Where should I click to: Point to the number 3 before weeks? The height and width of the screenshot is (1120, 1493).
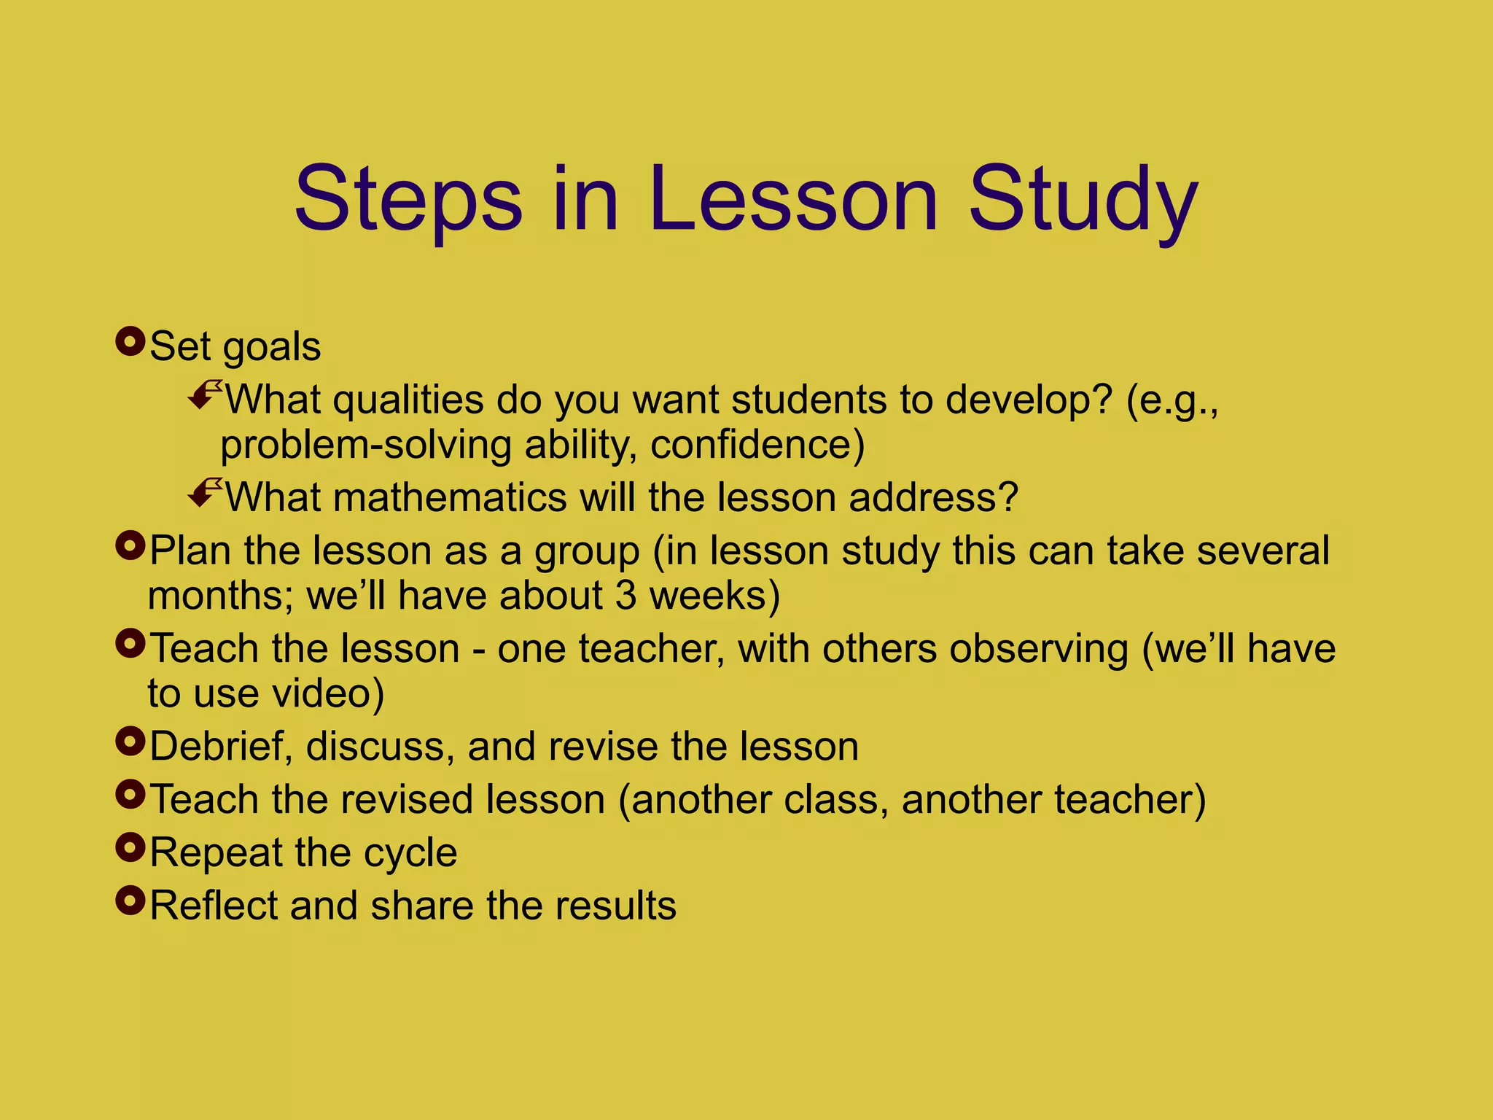[625, 596]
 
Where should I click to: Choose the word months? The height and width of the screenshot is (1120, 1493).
[220, 596]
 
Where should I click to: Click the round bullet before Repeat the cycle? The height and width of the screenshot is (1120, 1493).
[130, 847]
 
